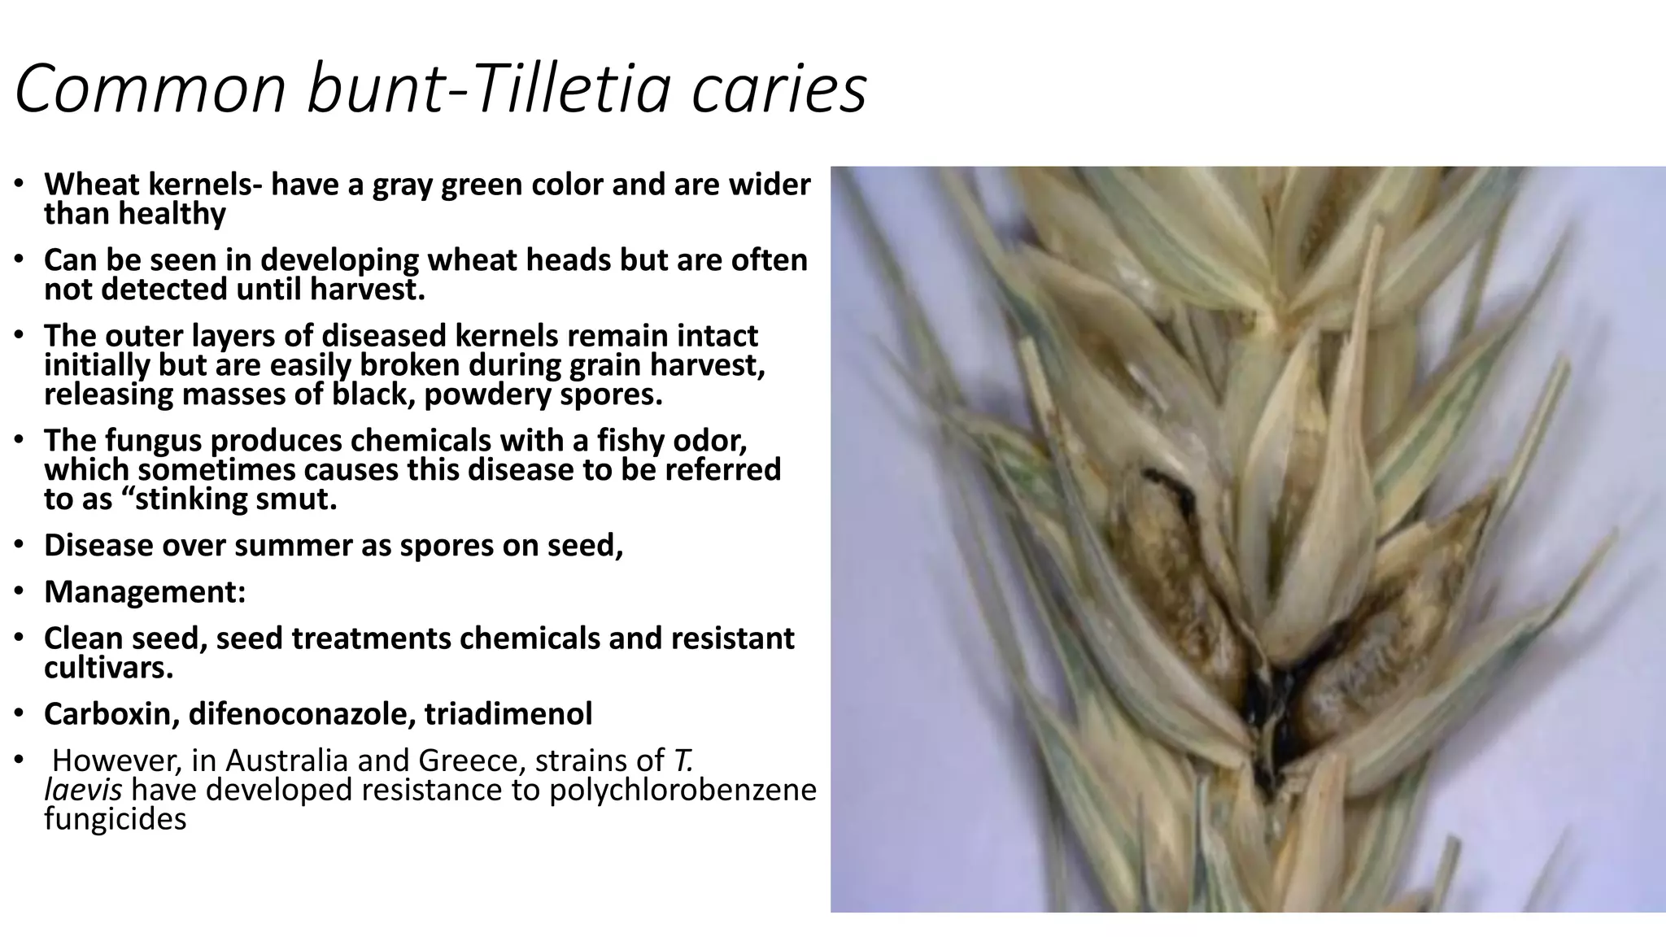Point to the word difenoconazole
(x=300, y=714)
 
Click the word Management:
(x=145, y=592)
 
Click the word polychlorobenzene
(x=683, y=790)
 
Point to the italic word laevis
(x=83, y=790)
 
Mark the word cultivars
(x=108, y=669)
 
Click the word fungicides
(x=116, y=819)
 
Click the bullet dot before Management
(x=19, y=591)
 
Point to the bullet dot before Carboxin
(x=19, y=713)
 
